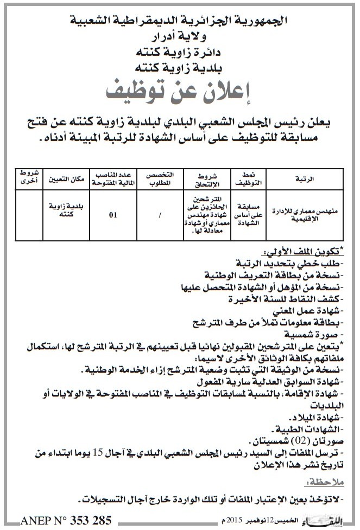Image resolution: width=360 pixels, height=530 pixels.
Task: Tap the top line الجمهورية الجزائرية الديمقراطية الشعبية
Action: click(180, 22)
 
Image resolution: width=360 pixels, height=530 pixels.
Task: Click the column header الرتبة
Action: click(315, 178)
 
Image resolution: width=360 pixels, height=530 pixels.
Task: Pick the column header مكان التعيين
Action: click(59, 178)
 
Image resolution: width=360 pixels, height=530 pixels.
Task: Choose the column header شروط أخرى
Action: click(24, 177)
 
